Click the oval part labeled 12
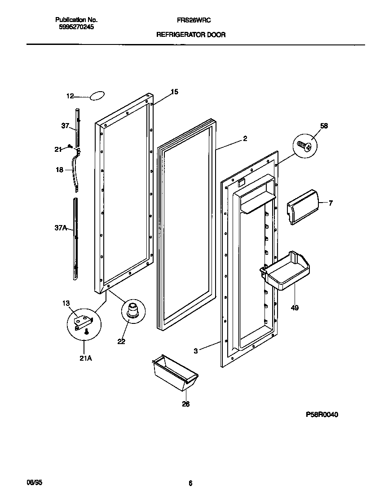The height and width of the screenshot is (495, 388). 97,95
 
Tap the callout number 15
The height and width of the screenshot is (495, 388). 174,92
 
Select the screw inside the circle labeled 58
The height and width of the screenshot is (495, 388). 304,146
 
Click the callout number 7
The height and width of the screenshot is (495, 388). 331,203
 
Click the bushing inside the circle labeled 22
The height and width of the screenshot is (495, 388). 133,310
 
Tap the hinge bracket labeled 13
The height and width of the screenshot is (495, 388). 84,322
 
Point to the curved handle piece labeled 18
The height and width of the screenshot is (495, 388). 75,170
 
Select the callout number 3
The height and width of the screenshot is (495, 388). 195,351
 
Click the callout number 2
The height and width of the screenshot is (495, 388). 245,139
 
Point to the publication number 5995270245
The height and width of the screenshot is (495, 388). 76,27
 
